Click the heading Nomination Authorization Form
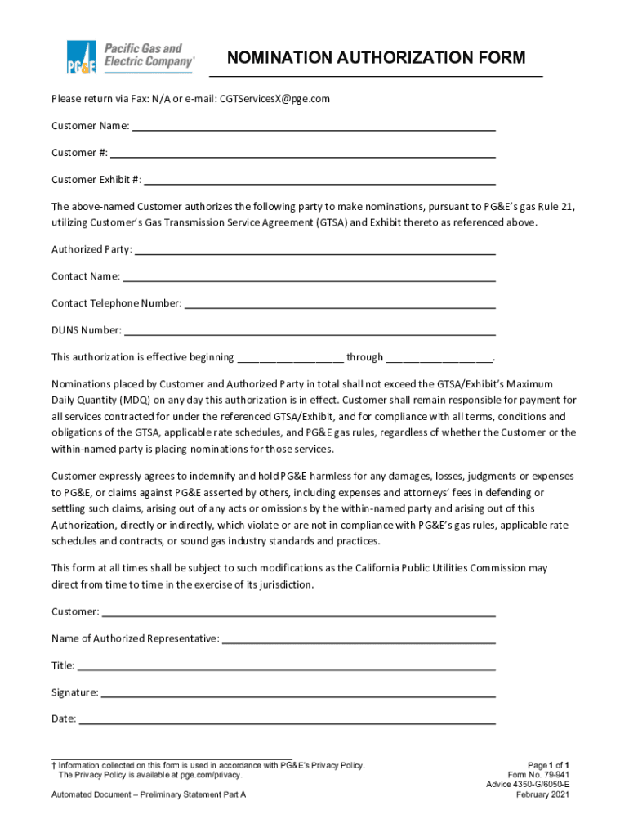376,58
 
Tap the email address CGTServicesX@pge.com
274,99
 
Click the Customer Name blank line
314,127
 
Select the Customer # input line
302,154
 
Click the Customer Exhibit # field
319,181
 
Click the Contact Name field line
309,277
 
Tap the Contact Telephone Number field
340,304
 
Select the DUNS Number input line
310,331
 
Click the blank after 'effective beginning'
290,358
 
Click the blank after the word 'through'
439,358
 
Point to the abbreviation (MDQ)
121,401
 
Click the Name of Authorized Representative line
359,639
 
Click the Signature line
298,693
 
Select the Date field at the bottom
287,720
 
